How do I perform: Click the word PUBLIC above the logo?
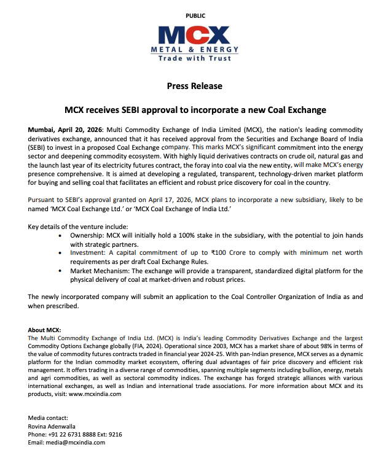click(x=195, y=15)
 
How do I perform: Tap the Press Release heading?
click(x=194, y=86)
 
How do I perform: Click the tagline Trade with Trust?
click(x=195, y=58)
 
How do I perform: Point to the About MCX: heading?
click(x=45, y=330)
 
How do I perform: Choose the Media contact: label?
click(x=49, y=418)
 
